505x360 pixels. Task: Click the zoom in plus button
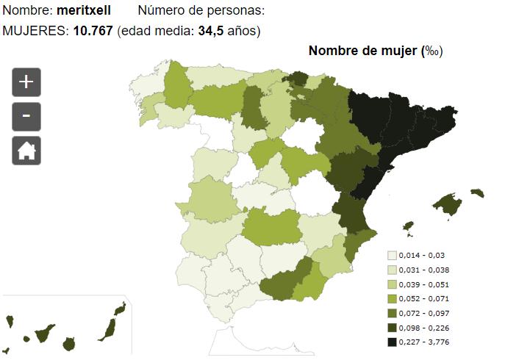(26, 82)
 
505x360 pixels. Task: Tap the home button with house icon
(26, 151)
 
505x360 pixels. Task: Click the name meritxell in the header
(84, 10)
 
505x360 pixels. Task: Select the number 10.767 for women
(93, 31)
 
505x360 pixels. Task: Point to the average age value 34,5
(211, 31)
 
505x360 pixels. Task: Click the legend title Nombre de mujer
(362, 51)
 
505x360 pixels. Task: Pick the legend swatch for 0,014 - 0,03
(392, 256)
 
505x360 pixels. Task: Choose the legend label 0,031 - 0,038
(424, 270)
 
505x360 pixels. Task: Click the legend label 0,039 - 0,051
(424, 284)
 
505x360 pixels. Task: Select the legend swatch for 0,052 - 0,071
(392, 299)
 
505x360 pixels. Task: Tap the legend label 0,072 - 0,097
(424, 313)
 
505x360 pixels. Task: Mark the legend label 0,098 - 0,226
(424, 328)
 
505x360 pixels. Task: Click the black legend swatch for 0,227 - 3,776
(392, 342)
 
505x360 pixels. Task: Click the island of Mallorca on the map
(448, 204)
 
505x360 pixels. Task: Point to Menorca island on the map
(478, 193)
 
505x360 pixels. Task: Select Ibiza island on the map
(409, 226)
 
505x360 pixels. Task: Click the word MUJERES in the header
(35, 31)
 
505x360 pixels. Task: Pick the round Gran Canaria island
(69, 345)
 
